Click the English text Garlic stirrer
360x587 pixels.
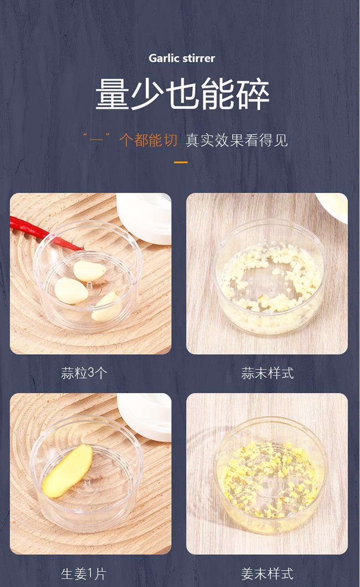(182, 58)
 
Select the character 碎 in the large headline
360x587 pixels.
(252, 95)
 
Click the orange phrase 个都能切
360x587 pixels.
(148, 140)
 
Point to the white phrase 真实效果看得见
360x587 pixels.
(237, 140)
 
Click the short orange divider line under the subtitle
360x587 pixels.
(181, 162)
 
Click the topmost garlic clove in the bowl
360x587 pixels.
(89, 271)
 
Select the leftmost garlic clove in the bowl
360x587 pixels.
(71, 291)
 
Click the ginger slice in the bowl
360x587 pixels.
(67, 470)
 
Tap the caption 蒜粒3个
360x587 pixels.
(84, 373)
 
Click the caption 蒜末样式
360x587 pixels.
(267, 373)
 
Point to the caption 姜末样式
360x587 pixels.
(267, 573)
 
